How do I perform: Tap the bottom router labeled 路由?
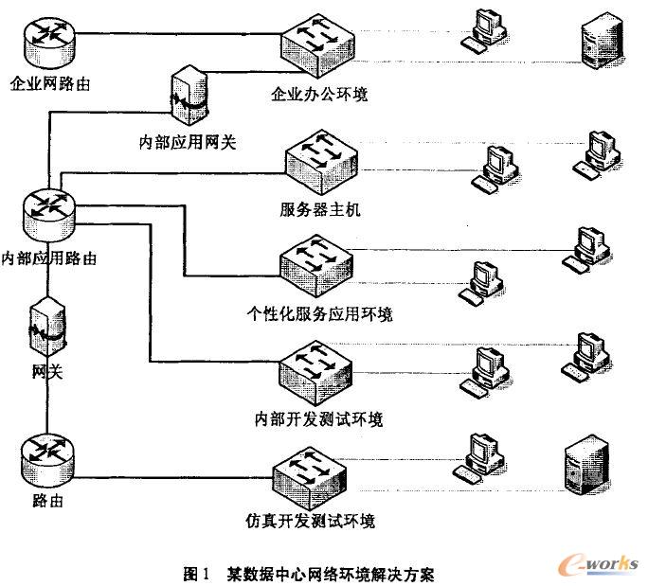pos(45,458)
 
